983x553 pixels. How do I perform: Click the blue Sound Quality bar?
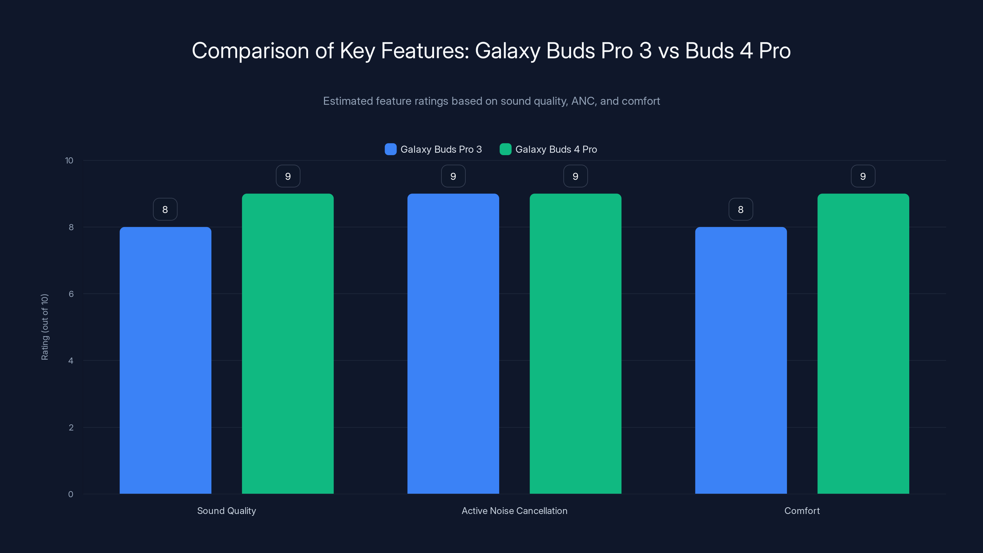(165, 360)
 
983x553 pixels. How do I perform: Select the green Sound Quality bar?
(288, 343)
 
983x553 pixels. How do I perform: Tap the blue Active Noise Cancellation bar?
(453, 343)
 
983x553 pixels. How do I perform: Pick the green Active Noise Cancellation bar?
(575, 343)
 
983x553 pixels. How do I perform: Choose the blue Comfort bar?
(741, 360)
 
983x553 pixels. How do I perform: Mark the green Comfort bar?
(863, 343)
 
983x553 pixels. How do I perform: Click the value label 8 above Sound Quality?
(165, 209)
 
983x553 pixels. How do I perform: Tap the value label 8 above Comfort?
(741, 209)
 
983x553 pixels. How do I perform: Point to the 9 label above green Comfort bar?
(863, 176)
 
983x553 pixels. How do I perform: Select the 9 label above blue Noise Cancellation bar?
(453, 176)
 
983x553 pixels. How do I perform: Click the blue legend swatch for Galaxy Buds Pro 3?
(390, 149)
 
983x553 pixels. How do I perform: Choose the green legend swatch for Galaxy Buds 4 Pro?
(505, 149)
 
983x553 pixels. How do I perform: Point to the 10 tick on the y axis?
(69, 160)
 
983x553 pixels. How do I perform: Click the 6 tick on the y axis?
(71, 294)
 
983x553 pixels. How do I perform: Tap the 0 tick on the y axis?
(71, 494)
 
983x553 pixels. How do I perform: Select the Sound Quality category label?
(226, 511)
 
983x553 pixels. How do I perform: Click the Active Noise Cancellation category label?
(515, 511)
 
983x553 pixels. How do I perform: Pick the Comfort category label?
(802, 511)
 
